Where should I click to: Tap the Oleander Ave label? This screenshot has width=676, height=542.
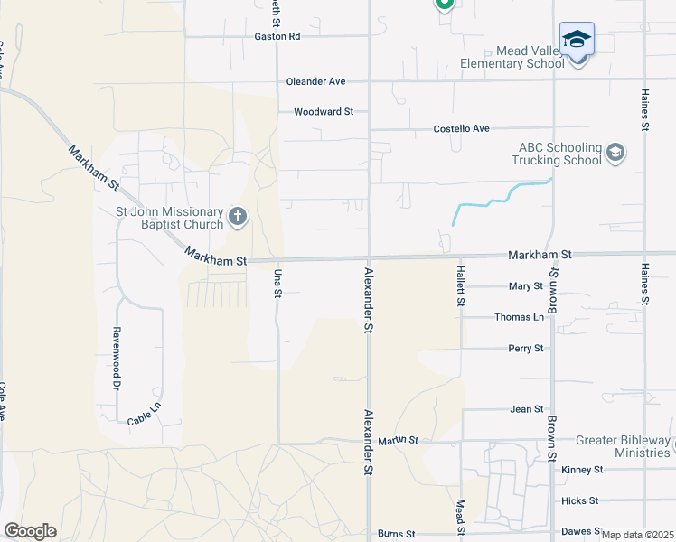(x=315, y=81)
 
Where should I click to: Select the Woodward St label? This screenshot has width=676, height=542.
(x=323, y=112)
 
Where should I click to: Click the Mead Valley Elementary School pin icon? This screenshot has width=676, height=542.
(x=577, y=42)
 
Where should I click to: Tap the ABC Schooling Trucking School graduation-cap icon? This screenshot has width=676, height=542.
(x=615, y=152)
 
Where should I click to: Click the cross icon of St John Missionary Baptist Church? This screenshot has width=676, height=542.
(x=237, y=216)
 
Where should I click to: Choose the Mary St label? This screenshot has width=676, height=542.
(x=525, y=286)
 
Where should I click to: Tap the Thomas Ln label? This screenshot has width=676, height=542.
(x=520, y=317)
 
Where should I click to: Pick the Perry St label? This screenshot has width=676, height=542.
(x=525, y=348)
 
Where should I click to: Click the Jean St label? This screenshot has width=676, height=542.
(x=526, y=409)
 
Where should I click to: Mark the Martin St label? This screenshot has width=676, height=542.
(x=398, y=441)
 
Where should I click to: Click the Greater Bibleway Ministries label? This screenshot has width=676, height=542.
(x=624, y=446)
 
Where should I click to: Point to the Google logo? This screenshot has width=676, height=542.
(x=30, y=531)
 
